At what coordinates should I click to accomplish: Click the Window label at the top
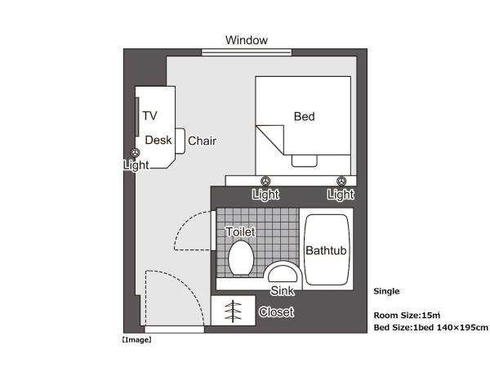coord(246,39)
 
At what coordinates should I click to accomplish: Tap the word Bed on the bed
coord(304,117)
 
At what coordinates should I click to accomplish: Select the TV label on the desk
coord(149,115)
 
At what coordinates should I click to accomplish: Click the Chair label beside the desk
coord(202,141)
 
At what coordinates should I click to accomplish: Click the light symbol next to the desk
coord(136,152)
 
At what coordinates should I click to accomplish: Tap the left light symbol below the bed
coord(265,181)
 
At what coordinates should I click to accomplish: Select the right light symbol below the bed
coord(341,181)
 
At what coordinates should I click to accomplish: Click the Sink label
coord(282,290)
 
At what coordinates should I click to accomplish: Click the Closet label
coord(275,312)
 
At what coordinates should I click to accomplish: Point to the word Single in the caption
coord(386,290)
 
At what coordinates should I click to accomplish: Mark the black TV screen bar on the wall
coord(136,116)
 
